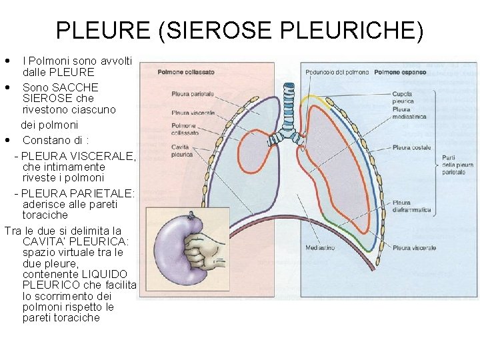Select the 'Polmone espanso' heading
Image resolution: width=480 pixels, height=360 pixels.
399,72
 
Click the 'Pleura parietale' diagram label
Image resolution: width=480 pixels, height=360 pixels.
192,94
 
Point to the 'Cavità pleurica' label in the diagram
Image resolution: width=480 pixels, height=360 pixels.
181,150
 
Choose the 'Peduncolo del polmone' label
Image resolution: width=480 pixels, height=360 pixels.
337,72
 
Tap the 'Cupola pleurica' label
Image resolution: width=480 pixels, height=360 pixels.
402,97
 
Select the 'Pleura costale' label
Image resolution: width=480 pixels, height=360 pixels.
411,147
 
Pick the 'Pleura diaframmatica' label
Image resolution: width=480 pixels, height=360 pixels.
411,206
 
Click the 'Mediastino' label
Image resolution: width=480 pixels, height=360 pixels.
320,247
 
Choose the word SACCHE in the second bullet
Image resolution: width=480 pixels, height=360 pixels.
79,87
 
